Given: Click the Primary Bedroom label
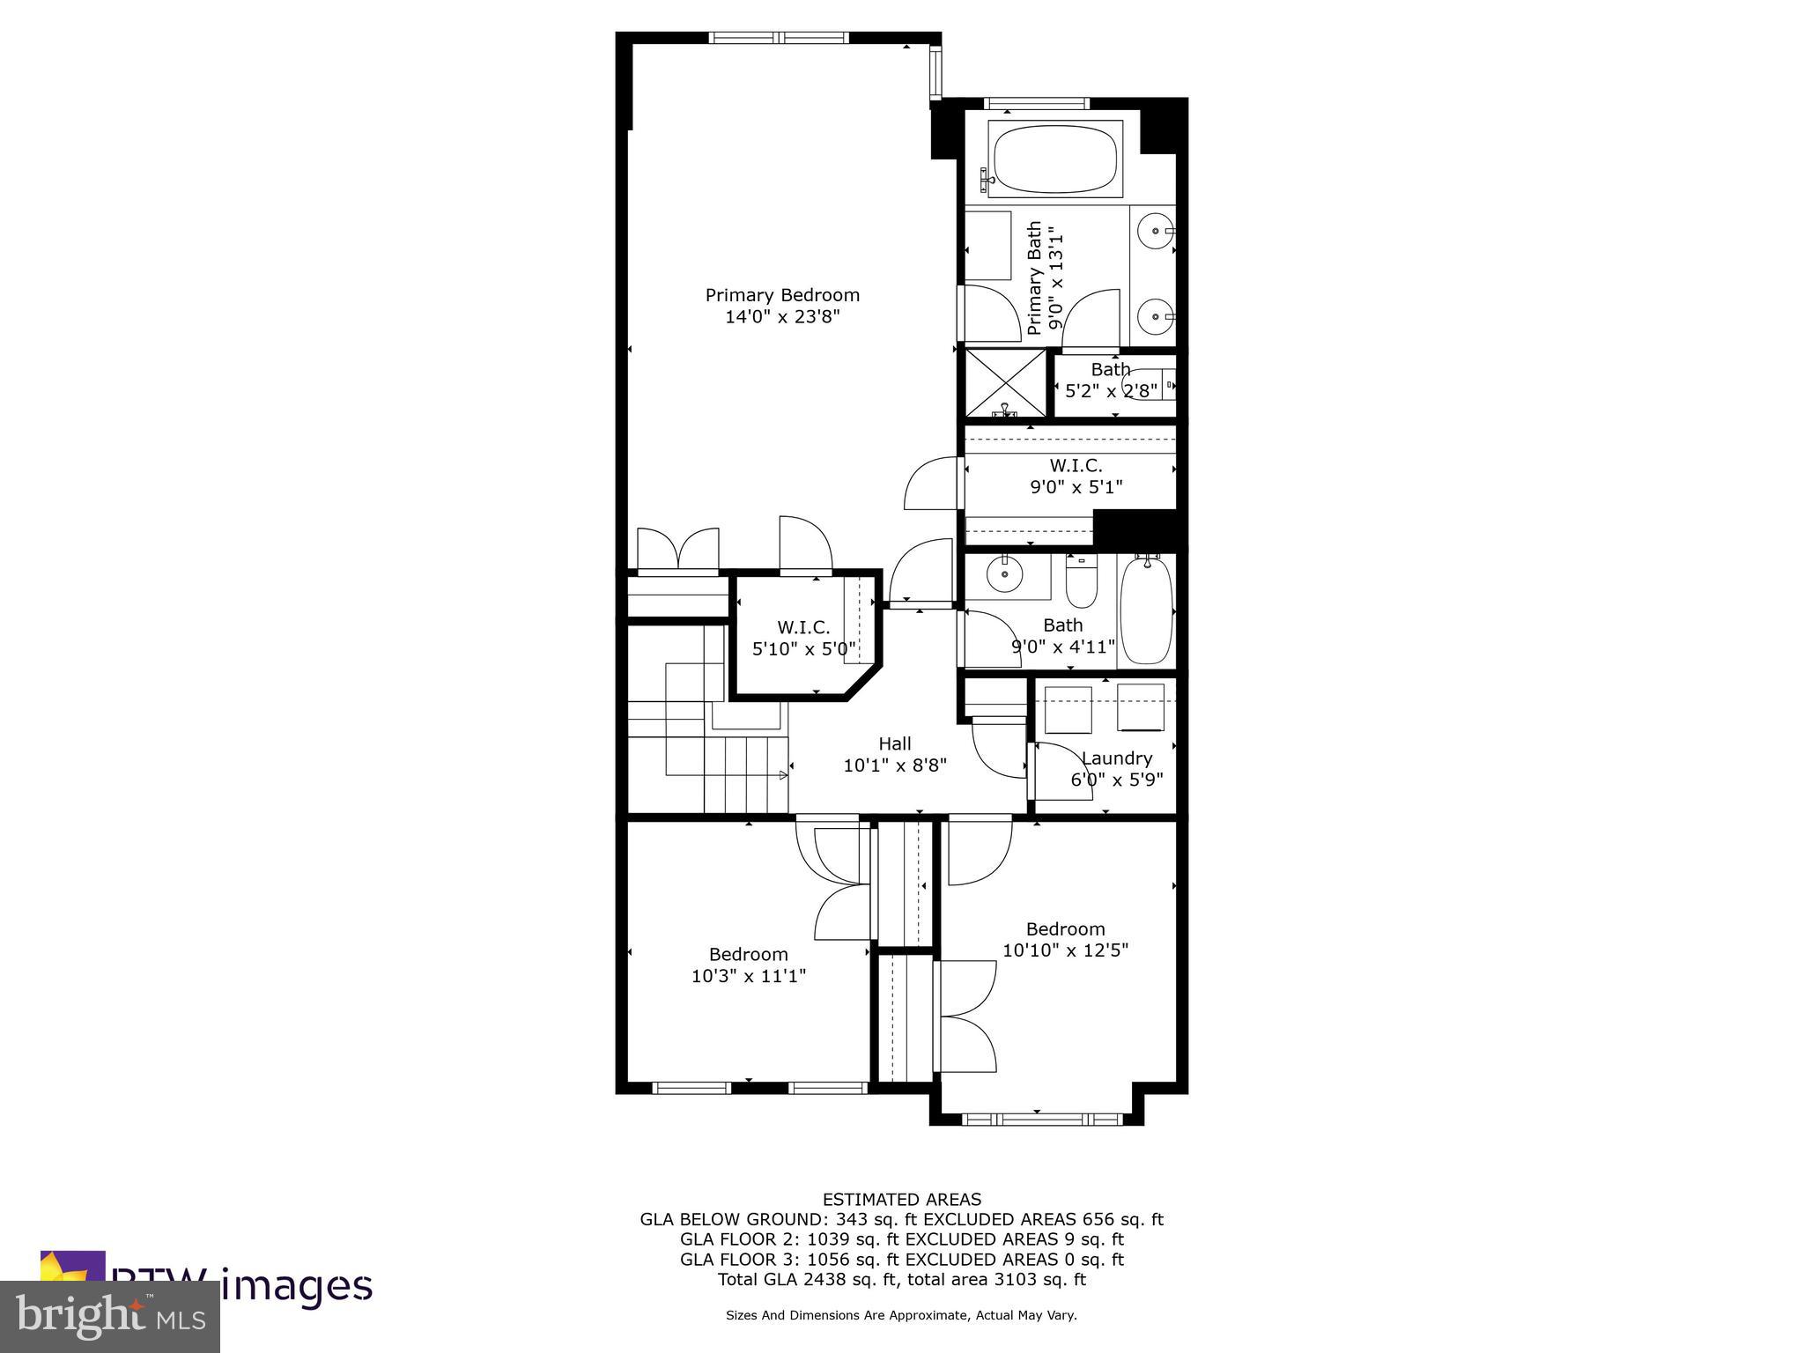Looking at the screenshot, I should [782, 295].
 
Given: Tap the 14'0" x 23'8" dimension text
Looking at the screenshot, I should [782, 317].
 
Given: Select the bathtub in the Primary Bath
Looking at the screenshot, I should [1054, 159].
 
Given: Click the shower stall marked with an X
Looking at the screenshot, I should [1005, 383].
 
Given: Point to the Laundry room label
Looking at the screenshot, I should [1116, 758].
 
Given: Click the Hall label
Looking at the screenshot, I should [894, 743].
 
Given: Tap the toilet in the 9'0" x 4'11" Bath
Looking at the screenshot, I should [1081, 581].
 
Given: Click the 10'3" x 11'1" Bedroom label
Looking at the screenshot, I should [748, 954].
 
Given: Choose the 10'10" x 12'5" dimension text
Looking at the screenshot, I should [1065, 950].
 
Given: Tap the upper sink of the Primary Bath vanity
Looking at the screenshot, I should [1153, 231].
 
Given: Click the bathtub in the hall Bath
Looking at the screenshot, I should [1148, 610].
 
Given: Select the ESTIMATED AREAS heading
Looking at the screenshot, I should [901, 1199].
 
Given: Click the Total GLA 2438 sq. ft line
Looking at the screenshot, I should [901, 1280].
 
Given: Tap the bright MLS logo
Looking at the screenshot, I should [109, 1317].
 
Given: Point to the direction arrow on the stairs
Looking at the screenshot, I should [782, 775].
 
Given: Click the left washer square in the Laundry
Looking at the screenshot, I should [1068, 709].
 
